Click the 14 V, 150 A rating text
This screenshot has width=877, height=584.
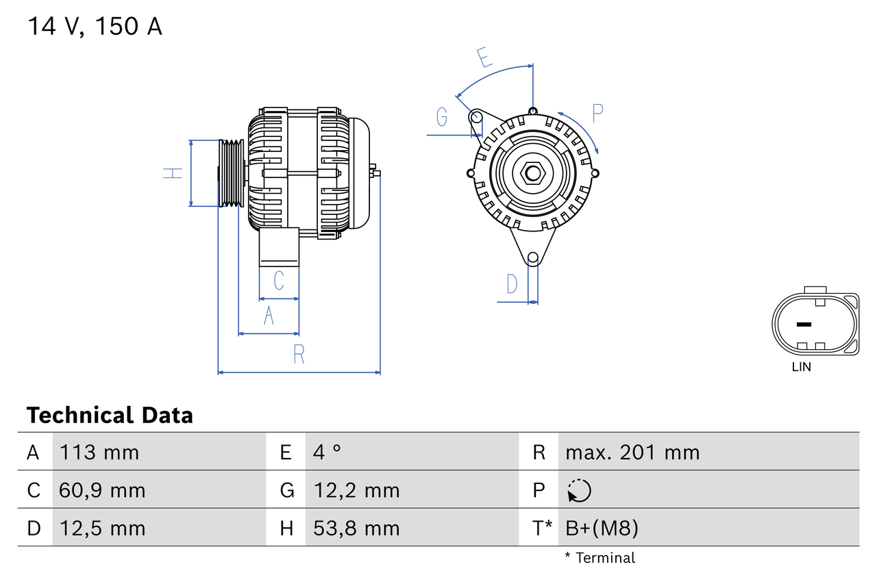(x=95, y=27)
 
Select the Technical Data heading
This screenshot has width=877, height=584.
(x=110, y=416)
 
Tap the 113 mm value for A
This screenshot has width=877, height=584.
(x=99, y=453)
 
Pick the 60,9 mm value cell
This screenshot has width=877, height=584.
(x=103, y=491)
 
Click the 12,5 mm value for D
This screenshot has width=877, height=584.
(x=103, y=529)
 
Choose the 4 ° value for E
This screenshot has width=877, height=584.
(x=327, y=453)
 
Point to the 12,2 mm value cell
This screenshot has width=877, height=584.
(x=356, y=491)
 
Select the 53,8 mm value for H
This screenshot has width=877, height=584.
(x=356, y=529)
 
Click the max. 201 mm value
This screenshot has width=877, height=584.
(x=632, y=453)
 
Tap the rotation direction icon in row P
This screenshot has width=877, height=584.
(x=579, y=491)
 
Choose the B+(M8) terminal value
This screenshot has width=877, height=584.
(x=602, y=529)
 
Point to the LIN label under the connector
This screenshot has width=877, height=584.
(x=801, y=367)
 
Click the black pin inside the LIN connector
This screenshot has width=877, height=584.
(x=804, y=324)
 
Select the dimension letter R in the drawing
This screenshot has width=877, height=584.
(x=299, y=355)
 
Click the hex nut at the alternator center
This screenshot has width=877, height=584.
(x=532, y=173)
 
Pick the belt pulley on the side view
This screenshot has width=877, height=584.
(x=231, y=173)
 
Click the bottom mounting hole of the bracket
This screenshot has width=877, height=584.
(x=532, y=257)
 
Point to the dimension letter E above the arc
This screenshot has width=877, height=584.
(x=484, y=58)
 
